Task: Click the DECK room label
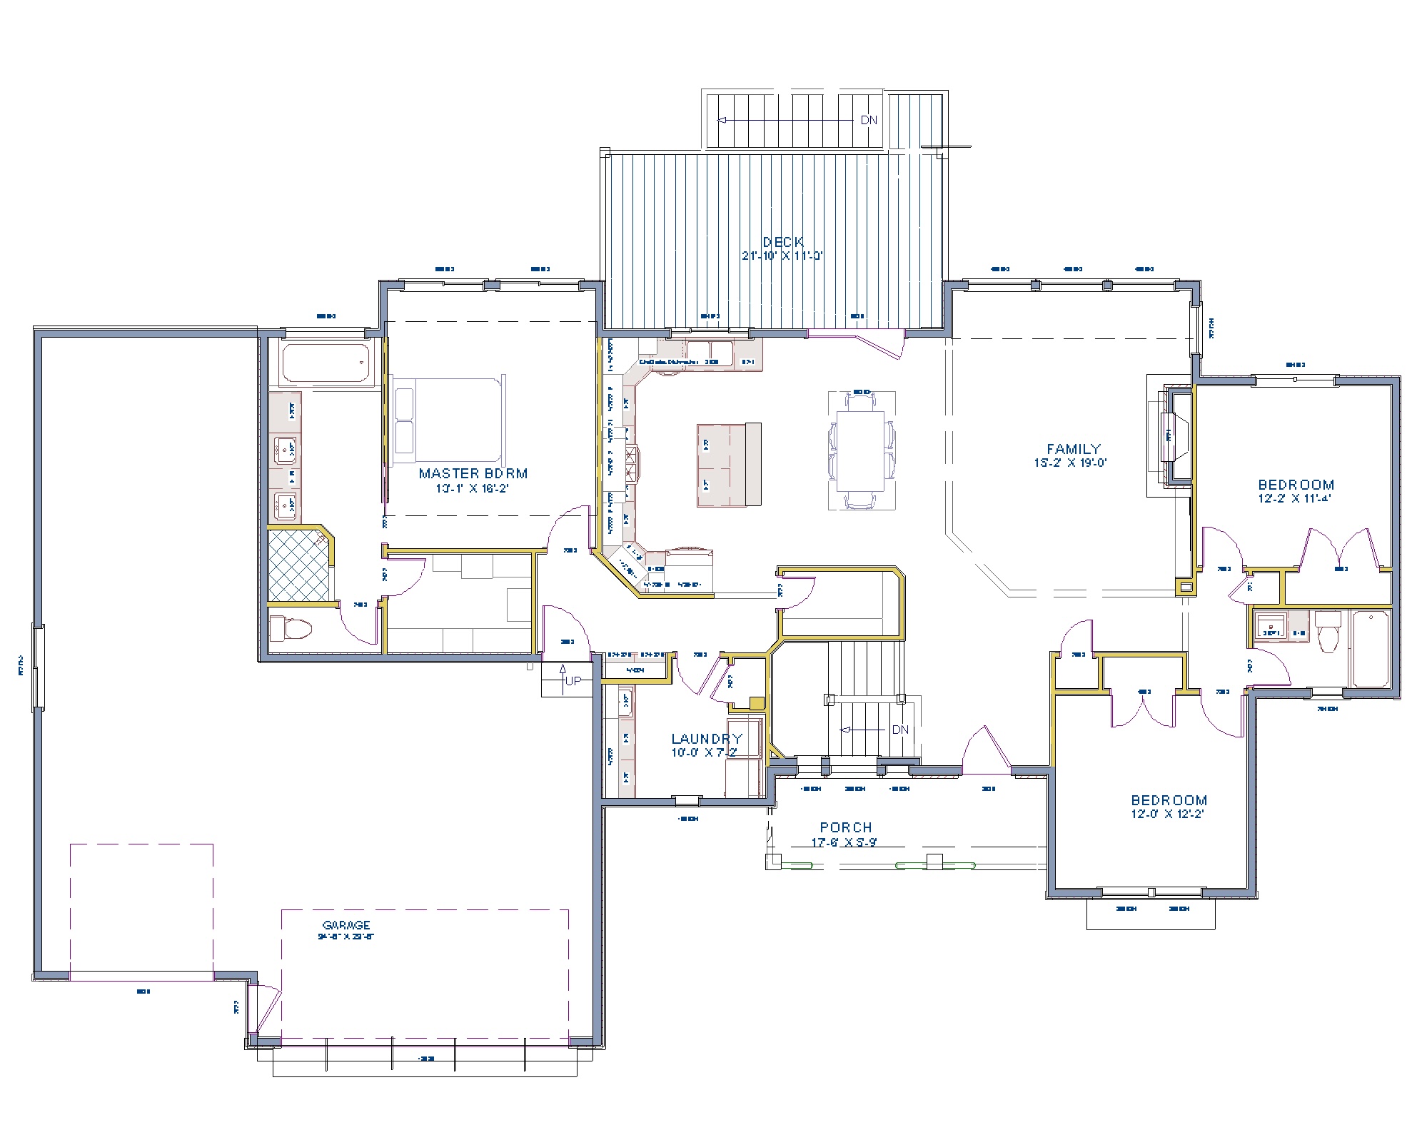pyautogui.click(x=783, y=243)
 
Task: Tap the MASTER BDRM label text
pyautogui.click(x=473, y=473)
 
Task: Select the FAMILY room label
pyautogui.click(x=1073, y=449)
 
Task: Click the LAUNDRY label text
pyautogui.click(x=706, y=739)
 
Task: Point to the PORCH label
pyautogui.click(x=845, y=827)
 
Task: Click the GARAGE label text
pyautogui.click(x=346, y=925)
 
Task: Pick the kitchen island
pyautogui.click(x=729, y=464)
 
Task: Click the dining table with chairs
pyautogui.click(x=862, y=450)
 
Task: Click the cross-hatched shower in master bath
pyautogui.click(x=299, y=565)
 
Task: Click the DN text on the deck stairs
pyautogui.click(x=868, y=120)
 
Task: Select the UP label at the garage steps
pyautogui.click(x=573, y=681)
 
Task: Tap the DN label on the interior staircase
pyautogui.click(x=900, y=730)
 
